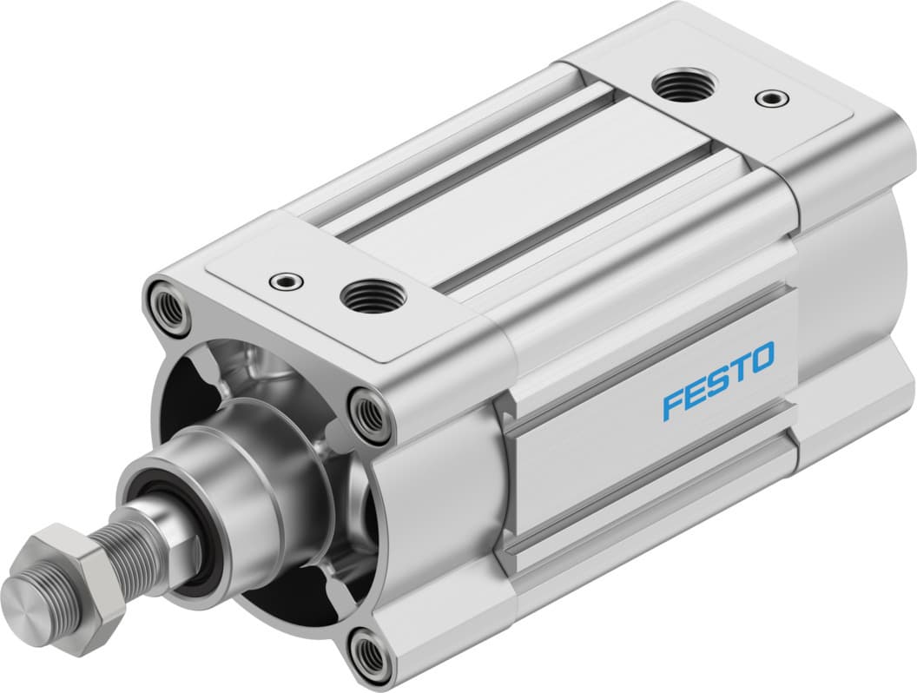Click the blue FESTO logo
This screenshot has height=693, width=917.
717,380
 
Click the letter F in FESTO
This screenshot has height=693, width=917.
673,406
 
